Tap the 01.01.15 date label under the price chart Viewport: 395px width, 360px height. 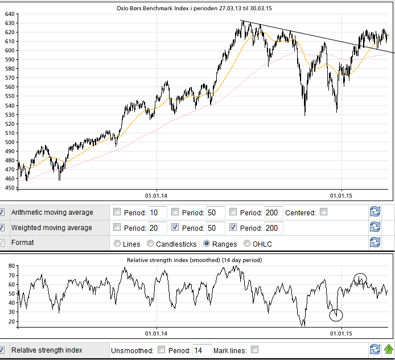[x=340, y=196]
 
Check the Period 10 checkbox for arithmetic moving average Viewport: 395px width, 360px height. [x=117, y=212]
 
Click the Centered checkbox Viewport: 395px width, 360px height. [x=323, y=212]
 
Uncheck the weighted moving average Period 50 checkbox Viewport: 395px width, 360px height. [x=175, y=228]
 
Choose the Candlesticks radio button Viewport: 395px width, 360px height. [x=151, y=244]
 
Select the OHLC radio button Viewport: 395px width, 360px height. [x=247, y=244]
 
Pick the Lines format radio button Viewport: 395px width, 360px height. [x=118, y=244]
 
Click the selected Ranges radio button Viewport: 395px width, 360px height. [x=208, y=244]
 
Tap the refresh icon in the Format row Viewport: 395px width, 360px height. [x=375, y=243]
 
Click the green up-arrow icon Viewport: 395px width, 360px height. [x=388, y=349]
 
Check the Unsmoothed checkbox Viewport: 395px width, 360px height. [x=161, y=350]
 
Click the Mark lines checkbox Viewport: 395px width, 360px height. [x=254, y=350]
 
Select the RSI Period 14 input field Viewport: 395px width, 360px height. [x=201, y=350]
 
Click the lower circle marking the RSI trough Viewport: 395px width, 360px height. [x=336, y=315]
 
